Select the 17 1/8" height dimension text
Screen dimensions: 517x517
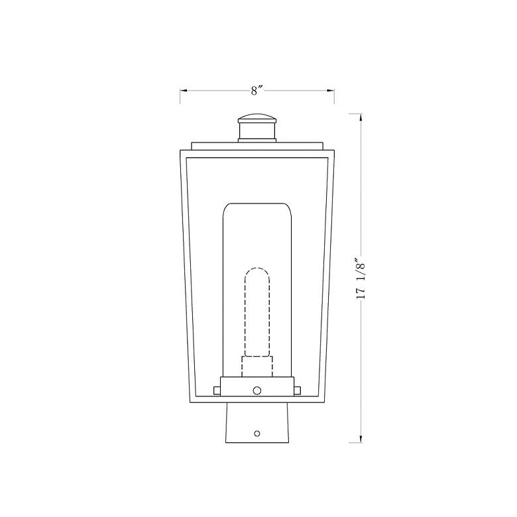pyautogui.click(x=361, y=279)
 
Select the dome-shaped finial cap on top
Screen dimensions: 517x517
pyautogui.click(x=257, y=119)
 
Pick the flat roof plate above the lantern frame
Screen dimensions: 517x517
pyautogui.click(x=257, y=145)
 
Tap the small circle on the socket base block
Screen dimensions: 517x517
pyautogui.click(x=257, y=390)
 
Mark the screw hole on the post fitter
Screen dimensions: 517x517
pyautogui.click(x=257, y=433)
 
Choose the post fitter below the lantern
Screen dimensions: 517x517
pyautogui.click(x=257, y=424)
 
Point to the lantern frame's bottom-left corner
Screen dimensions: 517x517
pyautogui.click(x=192, y=402)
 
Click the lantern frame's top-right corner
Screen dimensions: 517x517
pyautogui.click(x=334, y=151)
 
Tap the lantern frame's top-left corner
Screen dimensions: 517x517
pyautogui.click(x=181, y=151)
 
